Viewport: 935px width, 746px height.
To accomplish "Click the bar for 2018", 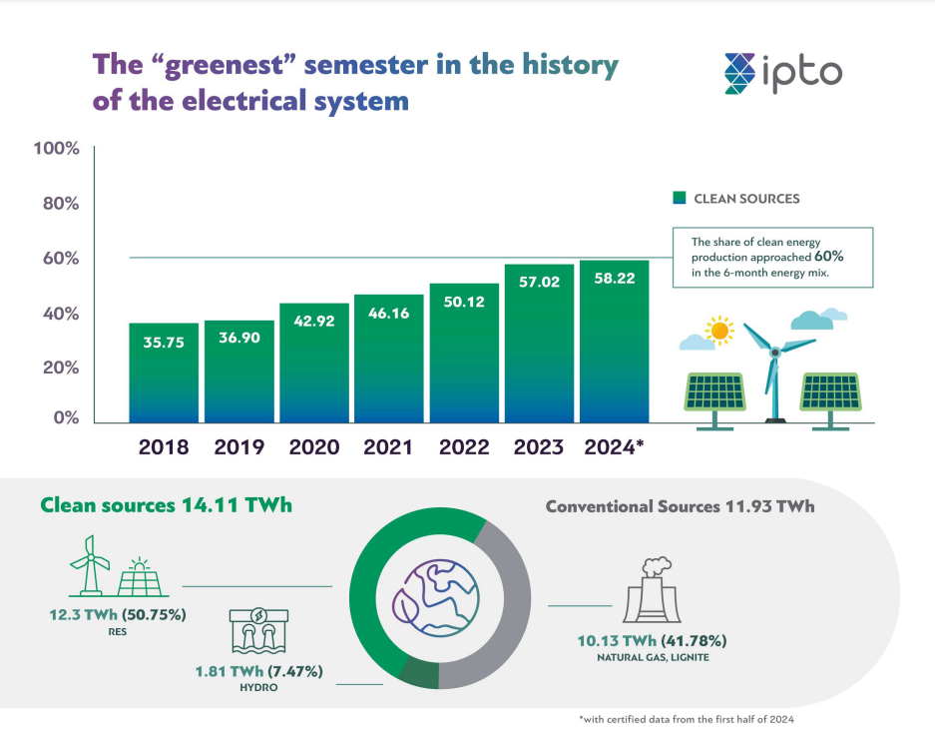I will [x=164, y=373].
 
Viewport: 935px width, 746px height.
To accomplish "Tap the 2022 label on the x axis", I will [x=464, y=447].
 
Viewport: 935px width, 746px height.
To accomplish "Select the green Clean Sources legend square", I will [x=679, y=198].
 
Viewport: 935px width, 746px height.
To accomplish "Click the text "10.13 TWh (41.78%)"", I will [x=654, y=640].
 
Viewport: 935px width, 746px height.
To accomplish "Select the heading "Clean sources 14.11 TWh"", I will [x=166, y=505].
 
